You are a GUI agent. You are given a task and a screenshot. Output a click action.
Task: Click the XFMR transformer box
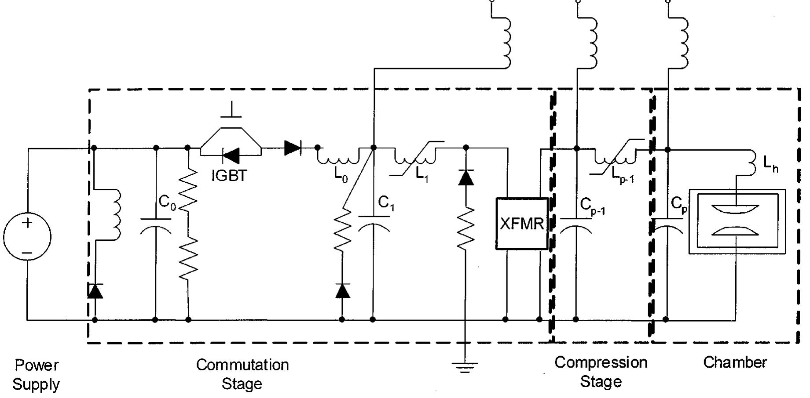[522, 224]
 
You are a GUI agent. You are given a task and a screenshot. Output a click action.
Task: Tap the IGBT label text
[229, 176]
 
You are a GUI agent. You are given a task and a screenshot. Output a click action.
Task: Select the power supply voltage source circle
[27, 236]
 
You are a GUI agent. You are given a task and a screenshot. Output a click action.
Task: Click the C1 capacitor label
[386, 203]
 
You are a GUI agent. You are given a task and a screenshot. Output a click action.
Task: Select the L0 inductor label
[341, 175]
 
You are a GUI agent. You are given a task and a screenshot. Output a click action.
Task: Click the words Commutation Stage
[242, 374]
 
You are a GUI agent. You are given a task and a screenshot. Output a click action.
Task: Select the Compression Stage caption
[601, 372]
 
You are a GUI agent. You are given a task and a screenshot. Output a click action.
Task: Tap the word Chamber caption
[735, 362]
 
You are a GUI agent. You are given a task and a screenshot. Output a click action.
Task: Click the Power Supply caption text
[36, 374]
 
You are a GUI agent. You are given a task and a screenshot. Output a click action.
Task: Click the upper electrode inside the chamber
[735, 209]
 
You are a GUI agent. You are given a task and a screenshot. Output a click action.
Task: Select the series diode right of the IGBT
[293, 148]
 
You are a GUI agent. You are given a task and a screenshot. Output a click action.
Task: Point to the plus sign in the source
[27, 222]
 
